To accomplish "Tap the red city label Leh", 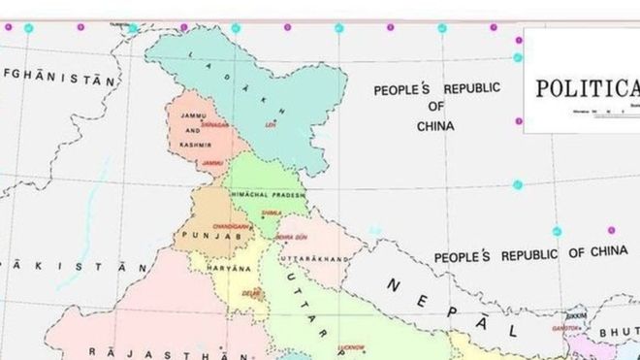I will pos(272,124).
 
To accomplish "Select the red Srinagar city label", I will pos(215,125).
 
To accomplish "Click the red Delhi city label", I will pos(251,291).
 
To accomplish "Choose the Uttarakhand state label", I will pos(313,260).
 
